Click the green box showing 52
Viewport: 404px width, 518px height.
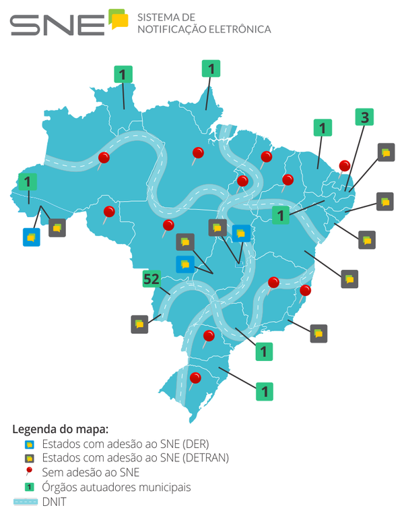[151, 279]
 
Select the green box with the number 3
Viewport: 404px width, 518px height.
[364, 117]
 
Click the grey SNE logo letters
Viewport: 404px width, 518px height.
[57, 24]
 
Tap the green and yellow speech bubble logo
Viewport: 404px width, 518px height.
[119, 19]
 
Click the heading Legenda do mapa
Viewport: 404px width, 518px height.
[60, 428]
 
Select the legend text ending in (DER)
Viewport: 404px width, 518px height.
[125, 444]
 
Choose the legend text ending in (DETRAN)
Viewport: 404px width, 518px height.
[135, 458]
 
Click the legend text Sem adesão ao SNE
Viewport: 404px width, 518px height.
[90, 472]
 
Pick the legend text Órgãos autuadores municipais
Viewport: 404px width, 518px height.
[116, 486]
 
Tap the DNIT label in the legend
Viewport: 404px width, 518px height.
[54, 501]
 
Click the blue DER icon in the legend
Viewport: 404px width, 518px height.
[28, 444]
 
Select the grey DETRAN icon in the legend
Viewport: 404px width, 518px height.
[28, 458]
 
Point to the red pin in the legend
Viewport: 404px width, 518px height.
[28, 471]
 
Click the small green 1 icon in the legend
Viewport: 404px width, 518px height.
[28, 486]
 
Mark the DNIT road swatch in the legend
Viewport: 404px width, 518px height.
[24, 501]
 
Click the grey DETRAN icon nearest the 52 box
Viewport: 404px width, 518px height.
[139, 324]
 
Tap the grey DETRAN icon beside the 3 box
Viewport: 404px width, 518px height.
[386, 152]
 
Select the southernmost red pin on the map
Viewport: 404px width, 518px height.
[195, 378]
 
